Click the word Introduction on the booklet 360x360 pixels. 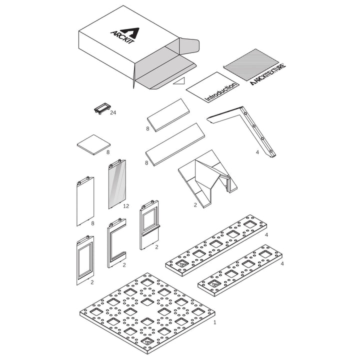pyautogui.click(x=220, y=92)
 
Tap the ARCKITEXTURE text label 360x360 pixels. pyautogui.click(x=268, y=74)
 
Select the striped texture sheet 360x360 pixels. pyautogui.click(x=251, y=64)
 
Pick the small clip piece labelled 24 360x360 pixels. pyautogui.click(x=102, y=108)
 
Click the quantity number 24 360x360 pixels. pyautogui.click(x=113, y=112)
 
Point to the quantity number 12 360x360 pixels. pyautogui.click(x=126, y=206)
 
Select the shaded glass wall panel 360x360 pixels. pyautogui.click(x=117, y=184)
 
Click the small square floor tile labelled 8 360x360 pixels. pyautogui.click(x=93, y=144)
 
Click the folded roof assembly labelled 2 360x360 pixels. pyautogui.click(x=207, y=178)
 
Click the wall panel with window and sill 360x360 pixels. pyautogui.click(x=149, y=225)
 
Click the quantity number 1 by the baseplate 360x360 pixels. pyautogui.click(x=215, y=322)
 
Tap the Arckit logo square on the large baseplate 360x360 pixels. pyautogui.click(x=147, y=341)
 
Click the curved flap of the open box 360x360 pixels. pyautogui.click(x=189, y=45)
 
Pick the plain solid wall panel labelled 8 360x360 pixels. pyautogui.click(x=85, y=201)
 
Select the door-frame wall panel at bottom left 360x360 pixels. pyautogui.click(x=85, y=260)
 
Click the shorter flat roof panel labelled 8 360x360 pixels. pyautogui.click(x=168, y=115)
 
